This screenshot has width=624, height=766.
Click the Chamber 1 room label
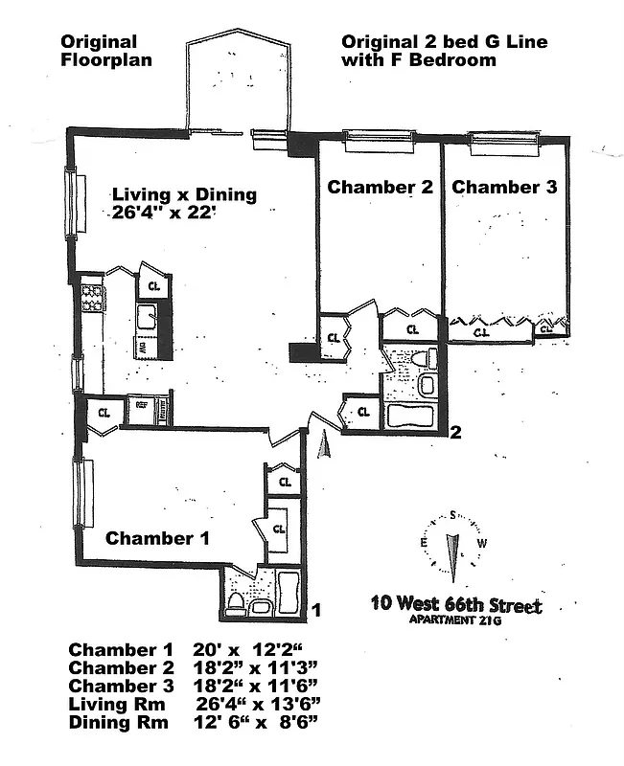(x=157, y=538)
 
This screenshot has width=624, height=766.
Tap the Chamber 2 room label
(x=380, y=188)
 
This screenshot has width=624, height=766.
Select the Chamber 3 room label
(x=504, y=188)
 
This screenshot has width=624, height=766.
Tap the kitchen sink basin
(x=148, y=315)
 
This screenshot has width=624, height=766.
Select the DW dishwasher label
(x=141, y=347)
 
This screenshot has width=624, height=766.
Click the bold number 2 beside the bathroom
(x=456, y=432)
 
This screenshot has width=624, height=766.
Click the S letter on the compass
(x=452, y=515)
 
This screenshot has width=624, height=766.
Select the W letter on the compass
(x=483, y=544)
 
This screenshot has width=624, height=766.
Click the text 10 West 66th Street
(x=455, y=606)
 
